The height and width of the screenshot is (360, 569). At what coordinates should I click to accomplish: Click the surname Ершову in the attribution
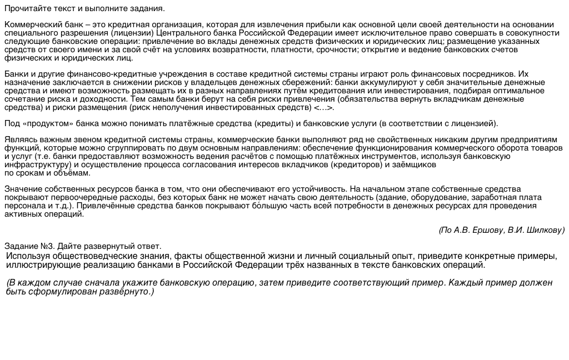487,230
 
